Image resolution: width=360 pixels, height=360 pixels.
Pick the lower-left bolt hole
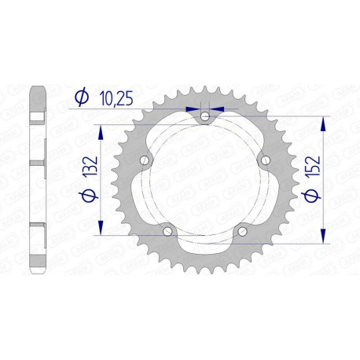tap(167, 231)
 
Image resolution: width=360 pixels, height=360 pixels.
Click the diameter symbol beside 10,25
tap(82, 97)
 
